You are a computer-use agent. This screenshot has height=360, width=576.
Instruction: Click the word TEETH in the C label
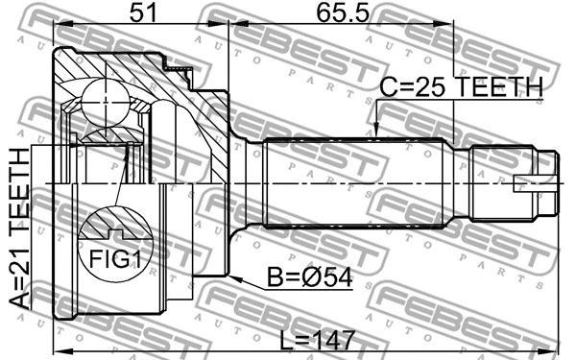499,87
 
